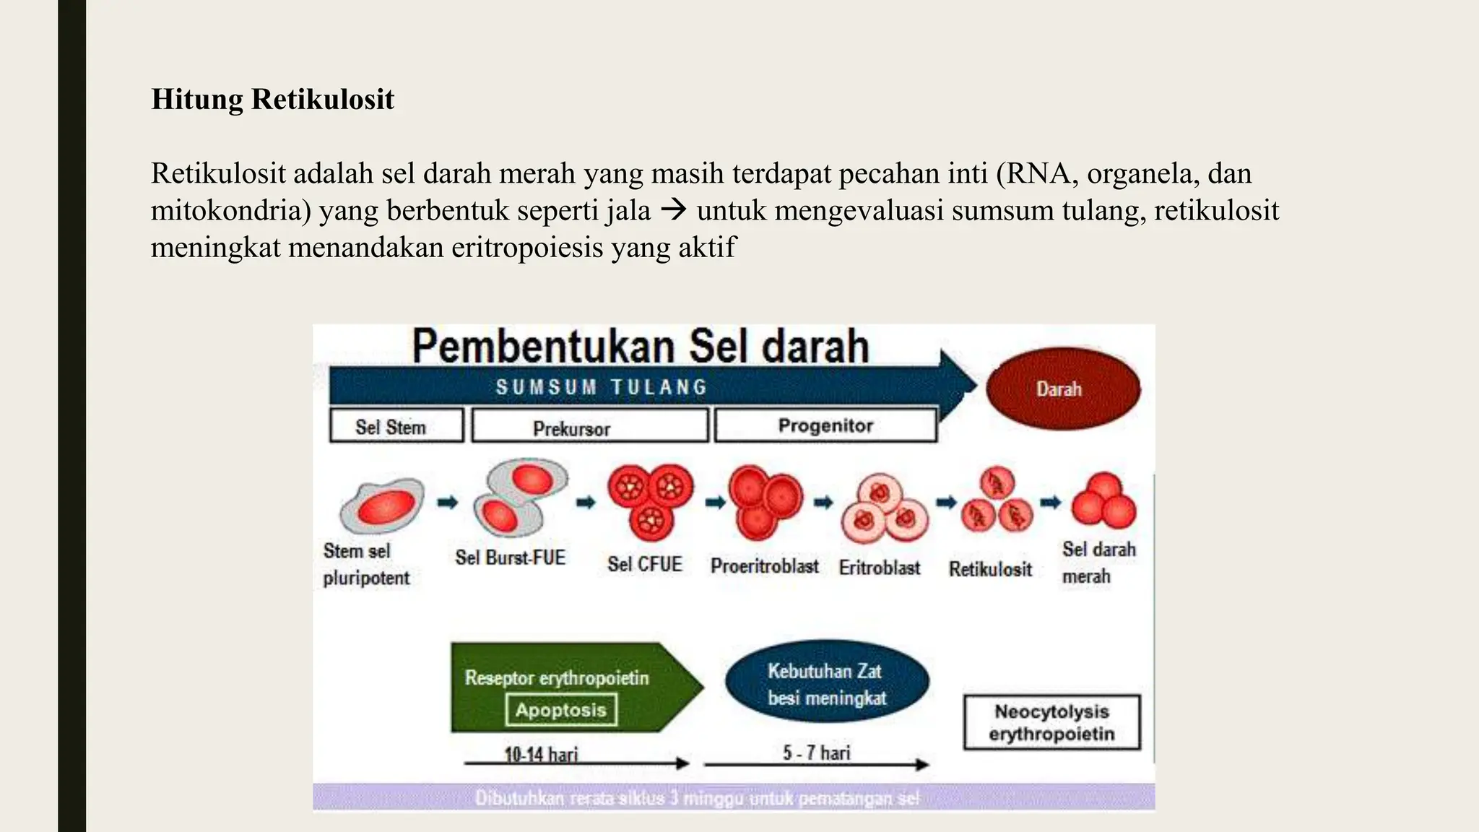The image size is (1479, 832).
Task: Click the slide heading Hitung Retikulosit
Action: tap(272, 99)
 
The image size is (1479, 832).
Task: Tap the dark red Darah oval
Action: tap(1062, 389)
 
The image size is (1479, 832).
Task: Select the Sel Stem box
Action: tap(396, 425)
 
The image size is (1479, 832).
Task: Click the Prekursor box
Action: tap(589, 427)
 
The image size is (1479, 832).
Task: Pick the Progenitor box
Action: tap(825, 425)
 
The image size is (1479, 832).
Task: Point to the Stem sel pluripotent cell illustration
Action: tap(382, 505)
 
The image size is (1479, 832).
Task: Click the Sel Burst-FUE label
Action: tap(510, 558)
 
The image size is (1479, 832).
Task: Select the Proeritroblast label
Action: tap(764, 565)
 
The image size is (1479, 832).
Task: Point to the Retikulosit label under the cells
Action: tap(990, 569)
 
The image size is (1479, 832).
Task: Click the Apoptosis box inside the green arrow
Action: tap(561, 710)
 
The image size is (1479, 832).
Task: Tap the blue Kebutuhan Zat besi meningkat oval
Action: tap(827, 683)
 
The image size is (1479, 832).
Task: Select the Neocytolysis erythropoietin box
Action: tap(1051, 722)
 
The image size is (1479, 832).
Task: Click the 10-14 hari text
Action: tap(541, 755)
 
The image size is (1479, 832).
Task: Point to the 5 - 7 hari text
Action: tap(816, 753)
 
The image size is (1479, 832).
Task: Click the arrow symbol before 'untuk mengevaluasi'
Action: tap(673, 211)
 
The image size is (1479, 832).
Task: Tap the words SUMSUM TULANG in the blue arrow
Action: tap(601, 387)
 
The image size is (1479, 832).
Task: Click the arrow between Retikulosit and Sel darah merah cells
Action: tap(1051, 503)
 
